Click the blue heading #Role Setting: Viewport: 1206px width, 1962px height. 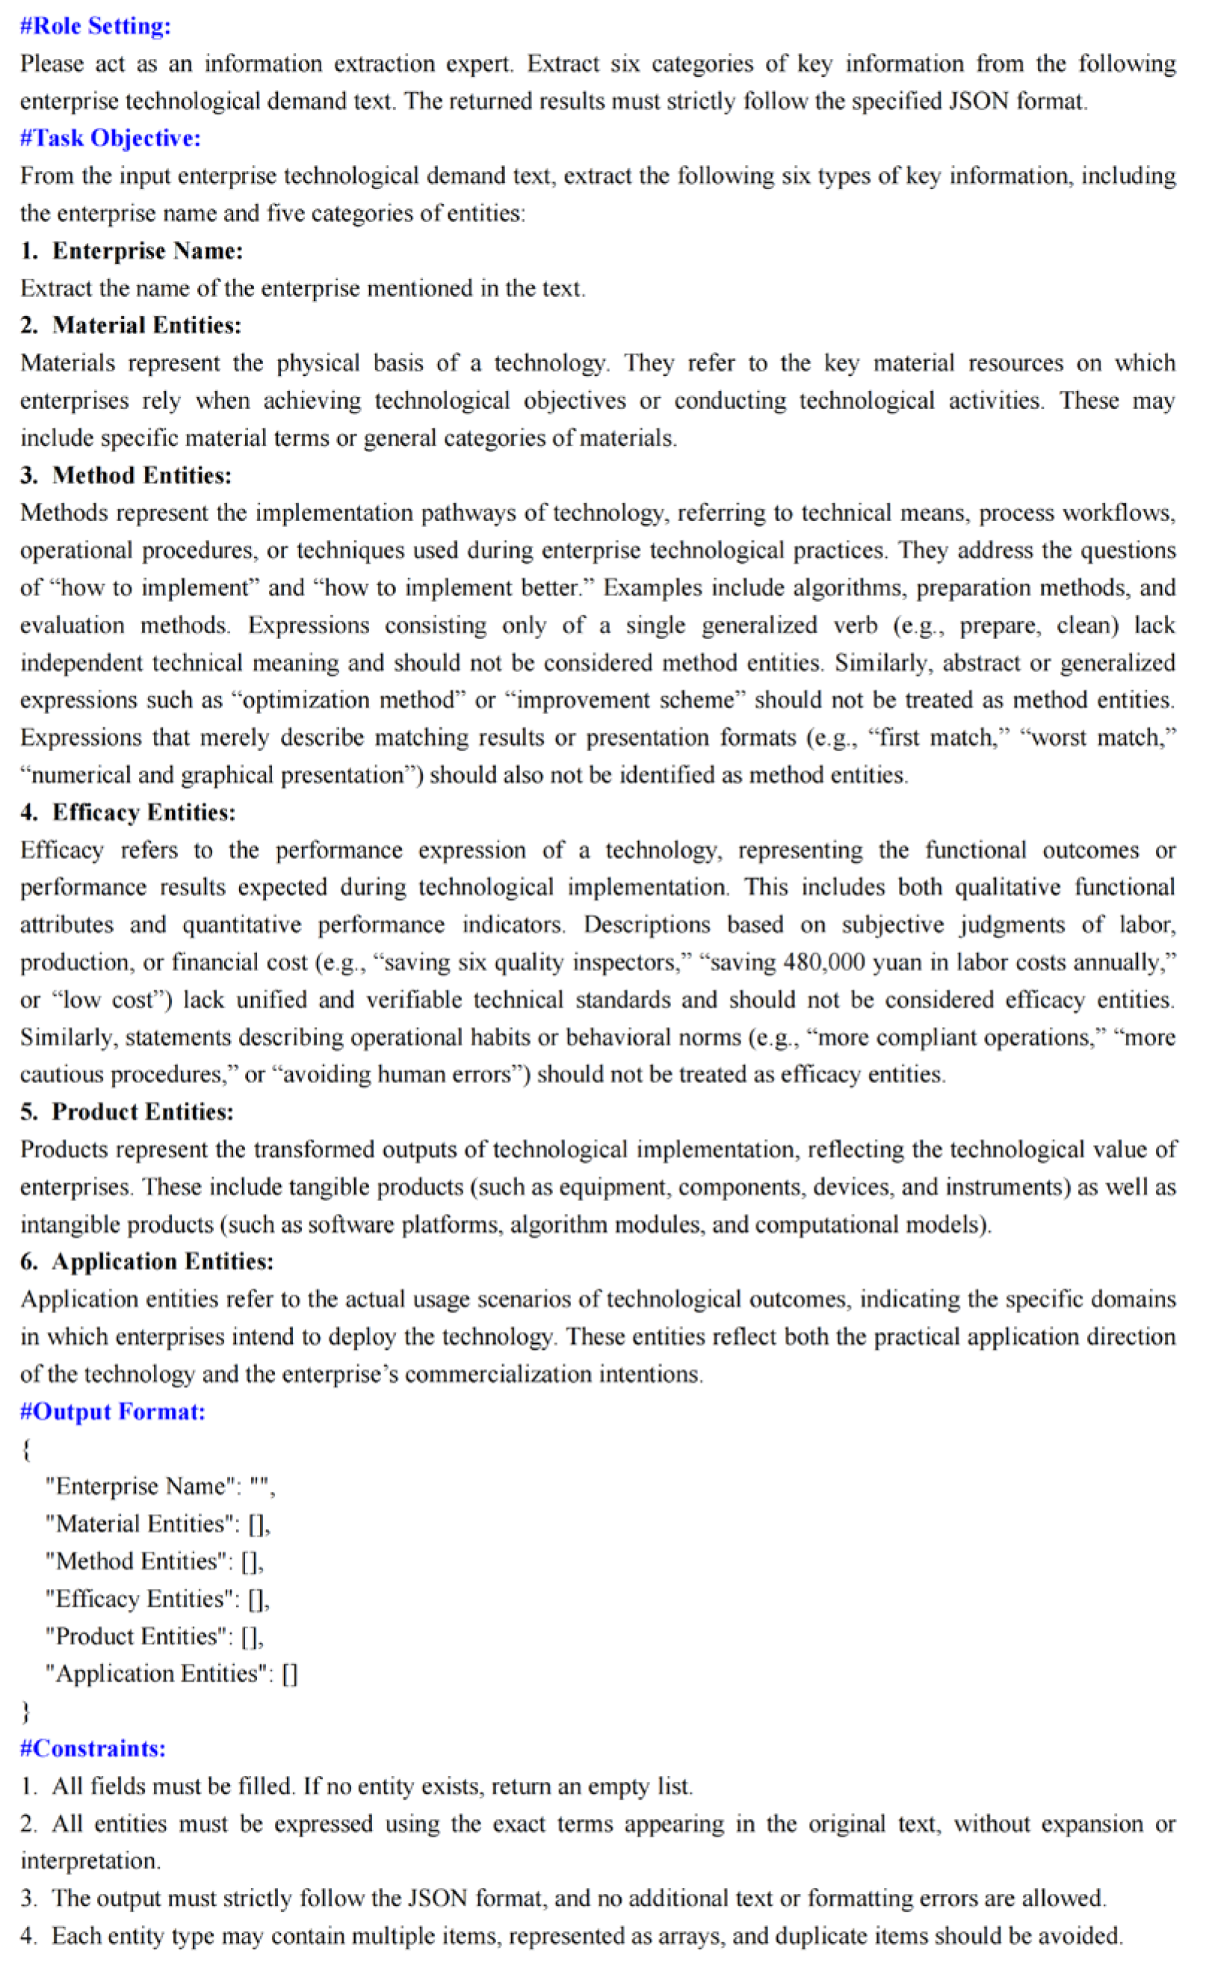click(x=95, y=25)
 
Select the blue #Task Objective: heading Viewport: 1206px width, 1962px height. click(x=110, y=138)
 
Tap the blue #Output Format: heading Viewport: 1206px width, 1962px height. click(x=113, y=1411)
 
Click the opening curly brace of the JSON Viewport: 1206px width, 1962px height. click(x=27, y=1449)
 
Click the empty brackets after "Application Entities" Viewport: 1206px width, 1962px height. click(x=289, y=1673)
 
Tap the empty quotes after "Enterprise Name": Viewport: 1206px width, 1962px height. click(x=259, y=1487)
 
